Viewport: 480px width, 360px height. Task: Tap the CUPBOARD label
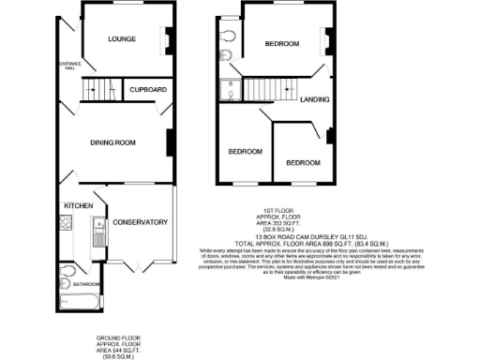click(x=147, y=90)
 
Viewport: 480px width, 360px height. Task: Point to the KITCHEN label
click(x=76, y=204)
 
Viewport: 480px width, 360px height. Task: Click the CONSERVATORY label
click(x=139, y=222)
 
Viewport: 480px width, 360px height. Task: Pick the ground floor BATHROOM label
click(x=87, y=283)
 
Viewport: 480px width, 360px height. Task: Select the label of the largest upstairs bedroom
click(x=280, y=45)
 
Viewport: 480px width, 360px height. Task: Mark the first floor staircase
click(x=265, y=91)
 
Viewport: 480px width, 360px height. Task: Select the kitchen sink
click(x=97, y=225)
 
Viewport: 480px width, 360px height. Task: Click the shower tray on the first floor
click(x=229, y=90)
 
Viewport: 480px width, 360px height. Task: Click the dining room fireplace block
click(x=170, y=143)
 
